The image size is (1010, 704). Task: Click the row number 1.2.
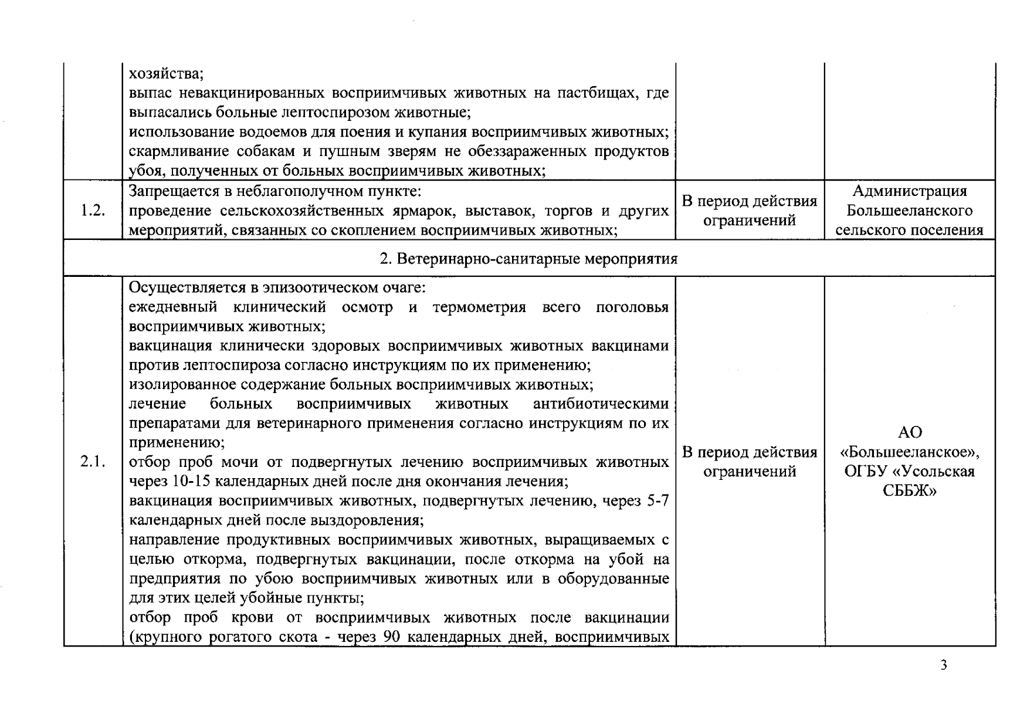[x=93, y=211]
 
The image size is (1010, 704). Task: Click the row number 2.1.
[x=93, y=462]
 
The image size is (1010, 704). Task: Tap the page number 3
[x=944, y=665]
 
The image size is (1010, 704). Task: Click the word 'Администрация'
[x=910, y=191]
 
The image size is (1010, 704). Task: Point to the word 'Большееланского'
[x=910, y=211]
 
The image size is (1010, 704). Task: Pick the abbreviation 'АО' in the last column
[x=910, y=432]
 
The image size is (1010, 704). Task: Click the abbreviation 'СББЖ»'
[x=910, y=490]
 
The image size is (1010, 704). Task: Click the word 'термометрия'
[x=479, y=307]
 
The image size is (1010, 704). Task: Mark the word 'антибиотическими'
[x=601, y=404]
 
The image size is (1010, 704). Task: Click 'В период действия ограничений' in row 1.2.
[x=750, y=211]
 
